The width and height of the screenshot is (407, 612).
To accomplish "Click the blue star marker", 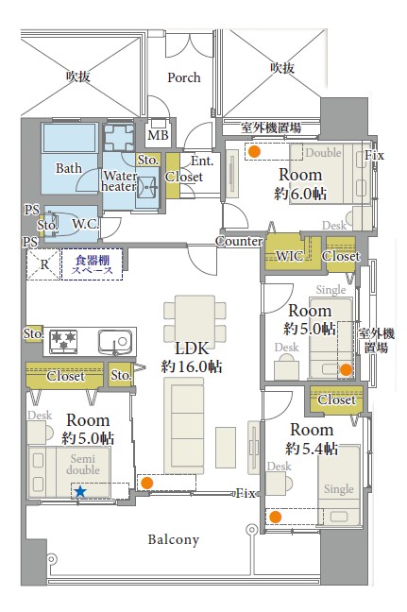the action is click(80, 491).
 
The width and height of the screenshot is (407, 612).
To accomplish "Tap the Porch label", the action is click(184, 77).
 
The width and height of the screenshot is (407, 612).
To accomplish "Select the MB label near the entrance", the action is click(158, 135).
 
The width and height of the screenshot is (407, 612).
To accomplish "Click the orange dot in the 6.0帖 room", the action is click(254, 151).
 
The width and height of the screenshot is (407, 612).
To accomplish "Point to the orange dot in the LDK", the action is click(146, 483).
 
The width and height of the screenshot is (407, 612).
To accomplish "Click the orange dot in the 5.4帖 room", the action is click(276, 517).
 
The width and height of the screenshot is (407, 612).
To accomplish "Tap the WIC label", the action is click(290, 256).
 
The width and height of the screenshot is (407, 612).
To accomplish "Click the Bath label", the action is click(69, 168).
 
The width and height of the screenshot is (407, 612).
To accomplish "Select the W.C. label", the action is click(85, 224).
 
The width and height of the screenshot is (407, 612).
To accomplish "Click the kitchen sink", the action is click(114, 342).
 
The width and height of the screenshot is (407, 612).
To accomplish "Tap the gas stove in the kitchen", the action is click(63, 341).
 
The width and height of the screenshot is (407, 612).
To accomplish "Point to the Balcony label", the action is click(174, 539).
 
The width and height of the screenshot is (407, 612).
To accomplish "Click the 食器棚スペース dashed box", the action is click(93, 264).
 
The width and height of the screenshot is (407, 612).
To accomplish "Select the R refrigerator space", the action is click(43, 264).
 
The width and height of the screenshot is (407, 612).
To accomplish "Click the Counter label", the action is click(239, 241).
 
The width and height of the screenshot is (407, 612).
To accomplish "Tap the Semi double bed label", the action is click(83, 464).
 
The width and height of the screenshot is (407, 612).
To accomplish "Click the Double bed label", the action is click(323, 152).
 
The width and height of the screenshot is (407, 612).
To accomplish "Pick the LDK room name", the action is click(192, 348).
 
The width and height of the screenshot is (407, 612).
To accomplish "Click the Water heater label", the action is click(119, 181).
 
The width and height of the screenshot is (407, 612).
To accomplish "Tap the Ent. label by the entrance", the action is click(202, 161).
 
